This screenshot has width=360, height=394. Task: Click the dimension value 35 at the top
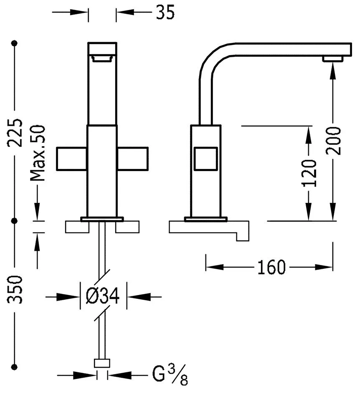tap(165, 13)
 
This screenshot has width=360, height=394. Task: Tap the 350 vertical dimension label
tap(15, 289)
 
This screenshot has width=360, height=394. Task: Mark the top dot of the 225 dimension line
tap(15, 43)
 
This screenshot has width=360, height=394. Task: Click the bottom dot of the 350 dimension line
tap(15, 366)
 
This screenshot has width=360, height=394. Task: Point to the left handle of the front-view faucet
tap(72, 159)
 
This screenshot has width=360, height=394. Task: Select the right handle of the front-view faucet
tap(133, 159)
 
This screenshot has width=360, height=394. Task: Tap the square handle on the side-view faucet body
tap(205, 159)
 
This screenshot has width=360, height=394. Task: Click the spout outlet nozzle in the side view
tap(332, 59)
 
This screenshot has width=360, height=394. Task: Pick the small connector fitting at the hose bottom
tap(102, 363)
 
